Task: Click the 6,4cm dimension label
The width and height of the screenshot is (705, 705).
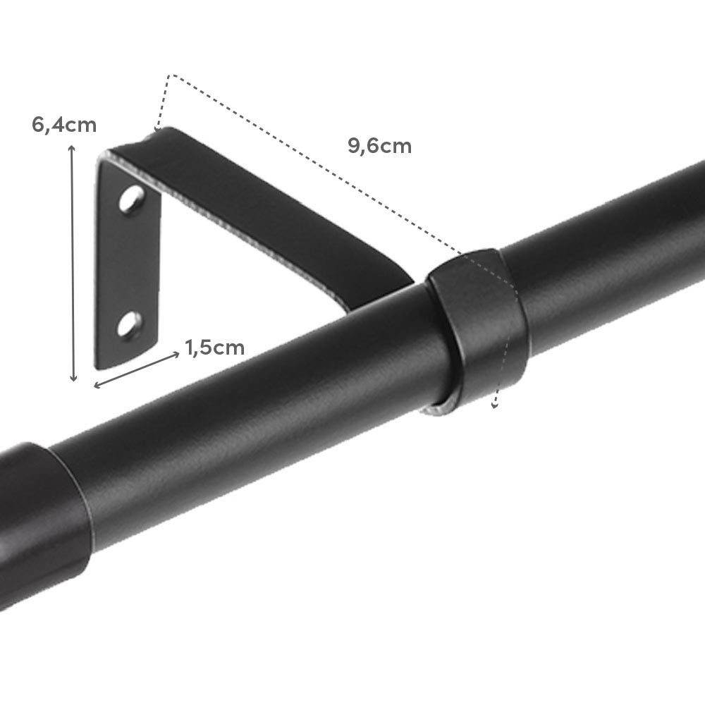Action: (63, 125)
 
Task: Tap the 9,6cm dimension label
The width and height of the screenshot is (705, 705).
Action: (379, 146)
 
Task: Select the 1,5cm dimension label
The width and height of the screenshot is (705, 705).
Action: (215, 347)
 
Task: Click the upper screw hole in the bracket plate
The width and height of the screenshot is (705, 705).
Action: (130, 201)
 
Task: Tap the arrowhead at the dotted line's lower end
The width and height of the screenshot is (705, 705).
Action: (495, 405)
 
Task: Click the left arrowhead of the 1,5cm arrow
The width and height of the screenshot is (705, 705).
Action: (97, 385)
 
